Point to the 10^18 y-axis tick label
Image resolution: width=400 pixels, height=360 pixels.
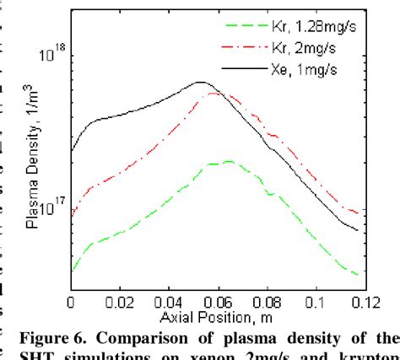[x=51, y=56]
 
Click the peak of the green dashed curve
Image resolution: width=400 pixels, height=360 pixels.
[x=226, y=161]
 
